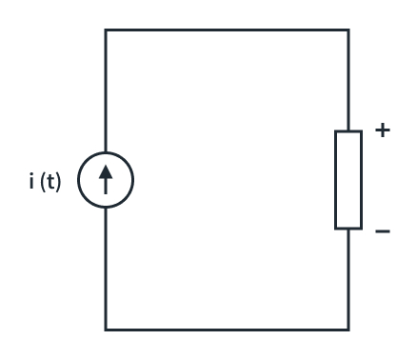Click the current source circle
pyautogui.click(x=106, y=181)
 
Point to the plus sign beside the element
pyautogui.click(x=384, y=131)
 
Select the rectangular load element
pyautogui.click(x=349, y=180)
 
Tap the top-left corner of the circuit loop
pyautogui.click(x=106, y=30)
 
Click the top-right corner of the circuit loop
pyautogui.click(x=349, y=30)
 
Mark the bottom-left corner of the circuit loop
pyautogui.click(x=106, y=330)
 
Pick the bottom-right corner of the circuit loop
pyautogui.click(x=349, y=330)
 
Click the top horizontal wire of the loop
pyautogui.click(x=228, y=30)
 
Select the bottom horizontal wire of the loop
pyautogui.click(x=228, y=330)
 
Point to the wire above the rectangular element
pyautogui.click(x=349, y=81)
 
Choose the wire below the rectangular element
pyautogui.click(x=349, y=280)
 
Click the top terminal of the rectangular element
pyautogui.click(x=349, y=131)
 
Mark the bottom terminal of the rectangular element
pyautogui.click(x=349, y=229)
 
